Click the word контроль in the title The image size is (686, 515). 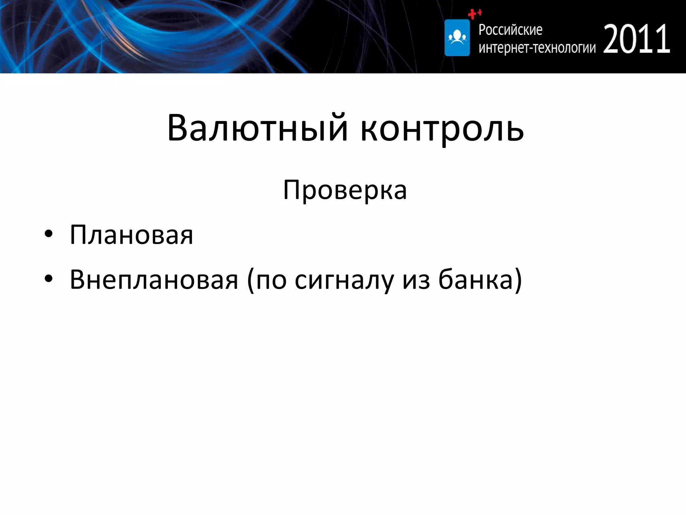pyautogui.click(x=442, y=129)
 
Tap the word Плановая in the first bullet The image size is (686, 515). pyautogui.click(x=131, y=235)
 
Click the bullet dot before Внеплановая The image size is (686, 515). pyautogui.click(x=49, y=279)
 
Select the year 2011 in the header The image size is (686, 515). pyautogui.click(x=636, y=40)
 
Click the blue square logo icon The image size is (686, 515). pyautogui.click(x=457, y=38)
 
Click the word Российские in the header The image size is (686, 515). pyautogui.click(x=510, y=30)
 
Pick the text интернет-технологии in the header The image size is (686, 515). pyautogui.click(x=537, y=48)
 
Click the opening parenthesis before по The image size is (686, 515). pyautogui.click(x=250, y=280)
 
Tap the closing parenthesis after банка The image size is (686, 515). pyautogui.click(x=518, y=280)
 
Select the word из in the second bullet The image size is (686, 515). pyautogui.click(x=416, y=280)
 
